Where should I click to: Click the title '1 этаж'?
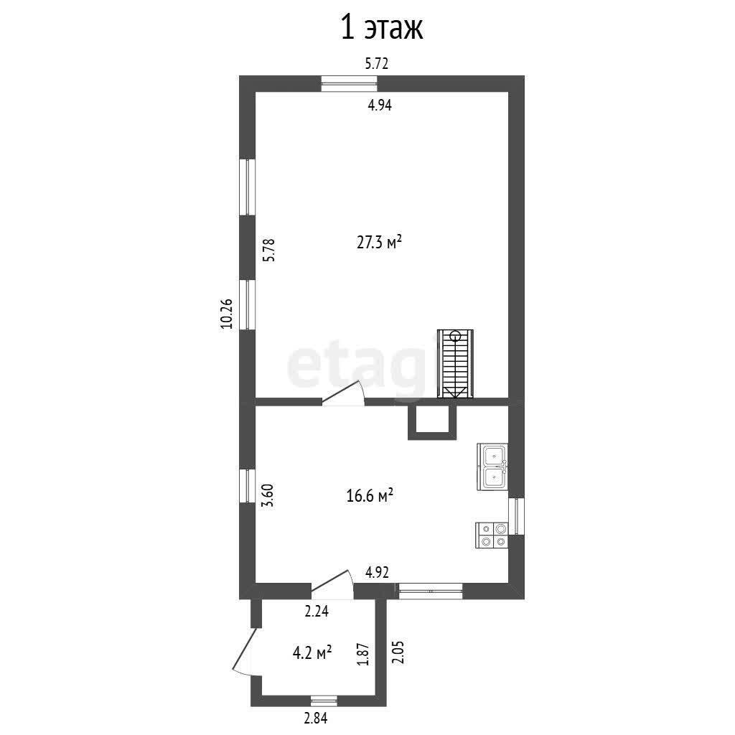point(382,28)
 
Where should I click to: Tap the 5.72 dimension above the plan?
point(377,63)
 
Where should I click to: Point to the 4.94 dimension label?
point(379,105)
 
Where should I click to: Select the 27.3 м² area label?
point(379,243)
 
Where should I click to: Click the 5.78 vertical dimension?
point(268,251)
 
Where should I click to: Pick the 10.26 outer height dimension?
point(227,314)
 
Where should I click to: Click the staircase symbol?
point(455,364)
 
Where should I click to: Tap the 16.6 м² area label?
point(370,495)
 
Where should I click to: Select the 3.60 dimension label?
point(268,495)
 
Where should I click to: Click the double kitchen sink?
point(492,467)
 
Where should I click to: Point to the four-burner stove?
point(492,535)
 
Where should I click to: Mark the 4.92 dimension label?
point(378,572)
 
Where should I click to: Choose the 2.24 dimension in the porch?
point(317,612)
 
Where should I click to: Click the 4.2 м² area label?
point(313,653)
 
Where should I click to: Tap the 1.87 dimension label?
point(366,654)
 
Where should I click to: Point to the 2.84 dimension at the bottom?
point(316,718)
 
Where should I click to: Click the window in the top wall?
point(350,83)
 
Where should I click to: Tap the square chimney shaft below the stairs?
point(432,422)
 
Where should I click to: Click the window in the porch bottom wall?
point(324,701)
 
